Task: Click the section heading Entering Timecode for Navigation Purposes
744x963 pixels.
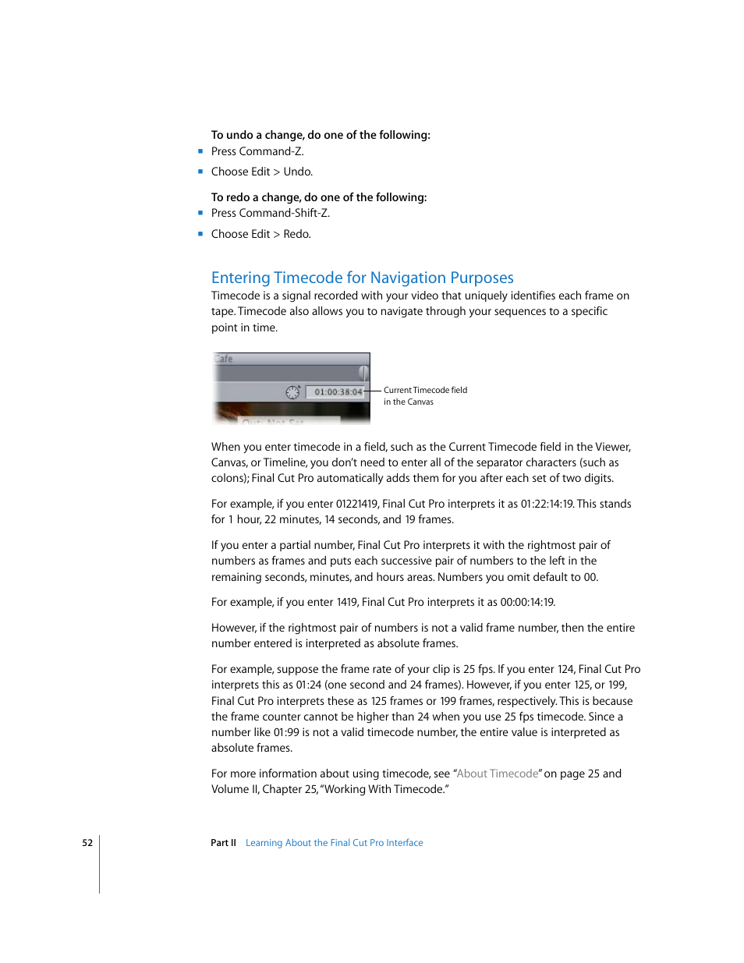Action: pyautogui.click(x=362, y=278)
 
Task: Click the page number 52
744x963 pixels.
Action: pyautogui.click(x=87, y=843)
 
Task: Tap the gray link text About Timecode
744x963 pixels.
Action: pyautogui.click(x=498, y=774)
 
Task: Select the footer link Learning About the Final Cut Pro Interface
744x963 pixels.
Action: pyautogui.click(x=334, y=843)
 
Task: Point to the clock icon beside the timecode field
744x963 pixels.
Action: pyautogui.click(x=292, y=392)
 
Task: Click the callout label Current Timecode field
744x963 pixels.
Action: pyautogui.click(x=425, y=390)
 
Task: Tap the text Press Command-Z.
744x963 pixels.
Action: pyautogui.click(x=257, y=151)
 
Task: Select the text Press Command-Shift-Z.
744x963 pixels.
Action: pyautogui.click(x=270, y=213)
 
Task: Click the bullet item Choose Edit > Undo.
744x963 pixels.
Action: pyautogui.click(x=261, y=172)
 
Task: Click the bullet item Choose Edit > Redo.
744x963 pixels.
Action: pyautogui.click(x=260, y=234)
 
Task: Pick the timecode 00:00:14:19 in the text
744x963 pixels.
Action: pyautogui.click(x=527, y=602)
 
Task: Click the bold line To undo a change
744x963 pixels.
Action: pyautogui.click(x=320, y=135)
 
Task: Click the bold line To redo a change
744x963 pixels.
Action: pyautogui.click(x=318, y=197)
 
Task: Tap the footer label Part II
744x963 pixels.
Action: pyautogui.click(x=223, y=843)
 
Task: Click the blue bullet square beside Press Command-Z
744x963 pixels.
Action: pyautogui.click(x=200, y=151)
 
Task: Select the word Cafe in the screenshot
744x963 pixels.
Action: pyautogui.click(x=224, y=359)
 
